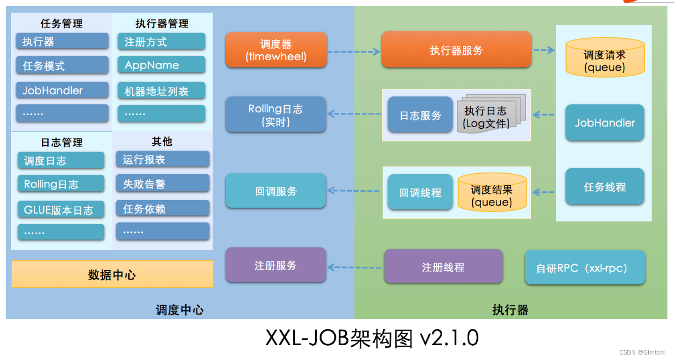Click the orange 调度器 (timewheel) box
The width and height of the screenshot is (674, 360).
click(x=276, y=50)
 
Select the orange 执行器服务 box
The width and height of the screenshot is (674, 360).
click(x=456, y=50)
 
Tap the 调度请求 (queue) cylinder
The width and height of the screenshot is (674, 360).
click(x=604, y=61)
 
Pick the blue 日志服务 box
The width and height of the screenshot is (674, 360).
click(x=420, y=115)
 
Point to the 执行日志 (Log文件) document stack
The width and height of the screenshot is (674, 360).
click(x=489, y=115)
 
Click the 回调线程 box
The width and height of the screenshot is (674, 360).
click(x=420, y=192)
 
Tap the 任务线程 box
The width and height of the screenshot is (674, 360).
click(x=604, y=187)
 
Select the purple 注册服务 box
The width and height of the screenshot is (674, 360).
click(x=276, y=266)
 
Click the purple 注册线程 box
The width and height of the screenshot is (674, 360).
click(x=443, y=267)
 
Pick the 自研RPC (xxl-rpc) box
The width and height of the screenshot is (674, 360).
click(x=584, y=268)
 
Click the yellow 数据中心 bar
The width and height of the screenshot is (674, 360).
click(x=112, y=275)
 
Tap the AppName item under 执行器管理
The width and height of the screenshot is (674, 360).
click(x=161, y=65)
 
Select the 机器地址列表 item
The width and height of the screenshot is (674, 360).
click(x=161, y=91)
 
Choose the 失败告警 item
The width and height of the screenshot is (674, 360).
click(x=162, y=184)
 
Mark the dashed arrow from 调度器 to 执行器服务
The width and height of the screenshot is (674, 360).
click(x=353, y=52)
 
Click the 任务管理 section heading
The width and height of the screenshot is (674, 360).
click(x=61, y=24)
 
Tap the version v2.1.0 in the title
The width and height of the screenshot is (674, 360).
click(x=449, y=338)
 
